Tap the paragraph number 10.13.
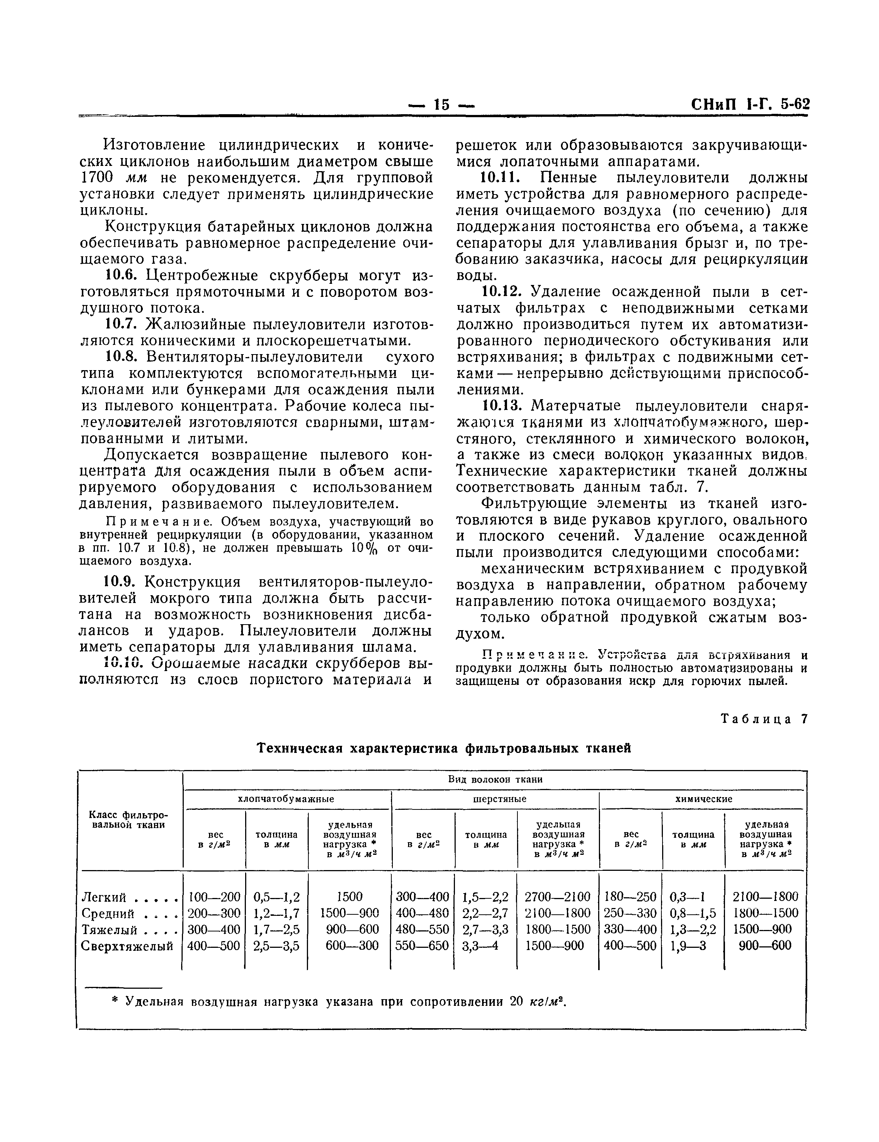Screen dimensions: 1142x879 tap(502, 406)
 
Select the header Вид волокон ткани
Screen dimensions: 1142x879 tap(495, 780)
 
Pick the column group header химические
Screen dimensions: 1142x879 tap(703, 799)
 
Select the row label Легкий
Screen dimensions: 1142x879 tap(104, 897)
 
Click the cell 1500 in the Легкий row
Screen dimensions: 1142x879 tap(349, 897)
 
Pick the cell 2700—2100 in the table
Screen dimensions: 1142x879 tap(557, 897)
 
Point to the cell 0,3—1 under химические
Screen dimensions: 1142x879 tap(687, 897)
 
